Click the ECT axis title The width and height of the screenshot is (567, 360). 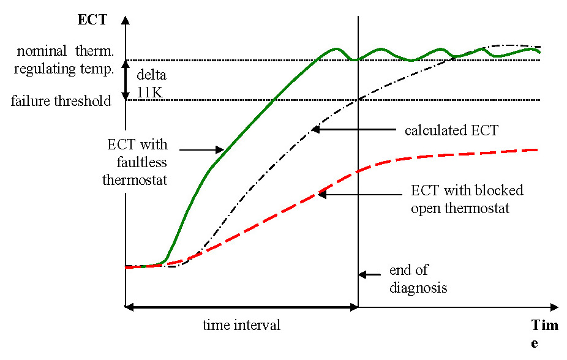coord(92,20)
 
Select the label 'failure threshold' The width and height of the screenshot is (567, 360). coord(61,101)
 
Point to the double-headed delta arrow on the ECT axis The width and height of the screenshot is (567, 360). coord(126,80)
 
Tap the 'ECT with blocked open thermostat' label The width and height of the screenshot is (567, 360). coord(467,200)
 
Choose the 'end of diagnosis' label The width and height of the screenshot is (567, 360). coord(418,279)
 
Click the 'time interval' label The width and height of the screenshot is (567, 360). coord(241,325)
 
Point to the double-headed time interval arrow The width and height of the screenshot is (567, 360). coord(241,306)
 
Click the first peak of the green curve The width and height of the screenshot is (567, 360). coord(336,48)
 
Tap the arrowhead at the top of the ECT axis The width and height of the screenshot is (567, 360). coord(126,19)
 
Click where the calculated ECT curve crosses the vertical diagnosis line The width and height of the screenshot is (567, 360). coord(358,101)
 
